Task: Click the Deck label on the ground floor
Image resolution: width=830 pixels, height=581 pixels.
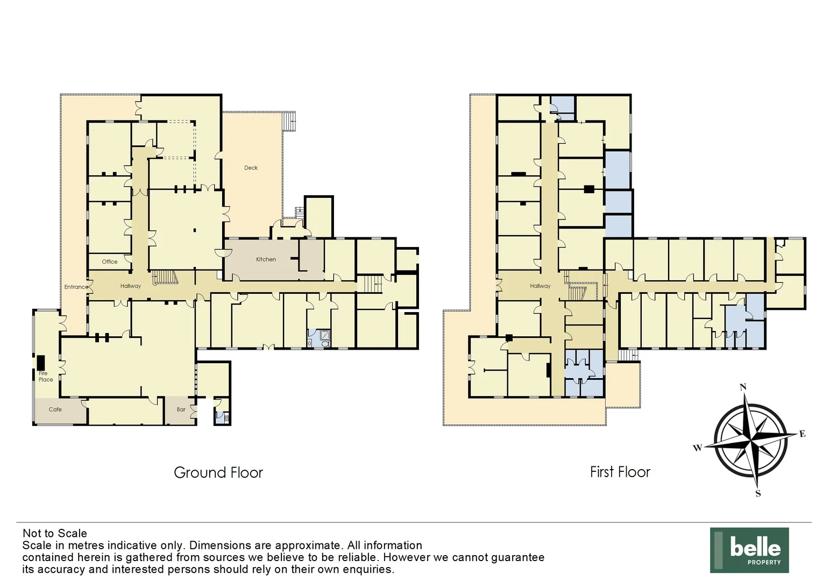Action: (x=251, y=168)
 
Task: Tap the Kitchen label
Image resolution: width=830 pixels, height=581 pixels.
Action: (x=266, y=259)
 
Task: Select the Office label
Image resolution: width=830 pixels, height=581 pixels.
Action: (x=109, y=262)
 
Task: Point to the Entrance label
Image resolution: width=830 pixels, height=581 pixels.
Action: (x=76, y=287)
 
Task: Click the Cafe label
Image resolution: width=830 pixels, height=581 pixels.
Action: (x=55, y=409)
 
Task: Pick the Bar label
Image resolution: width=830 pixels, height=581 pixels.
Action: (x=181, y=409)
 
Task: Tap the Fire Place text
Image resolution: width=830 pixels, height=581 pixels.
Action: (x=45, y=377)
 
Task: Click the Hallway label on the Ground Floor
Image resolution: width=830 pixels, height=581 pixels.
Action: (x=130, y=286)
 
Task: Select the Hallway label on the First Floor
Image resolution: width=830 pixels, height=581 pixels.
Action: (x=540, y=286)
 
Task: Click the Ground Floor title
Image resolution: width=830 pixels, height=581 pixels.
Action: (x=218, y=472)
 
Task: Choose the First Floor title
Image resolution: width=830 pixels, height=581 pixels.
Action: (x=620, y=472)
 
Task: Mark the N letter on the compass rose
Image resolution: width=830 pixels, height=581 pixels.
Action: (x=743, y=387)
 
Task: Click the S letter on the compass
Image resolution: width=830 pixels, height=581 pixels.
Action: (x=758, y=493)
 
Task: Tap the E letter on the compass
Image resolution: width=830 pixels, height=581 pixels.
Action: (x=802, y=434)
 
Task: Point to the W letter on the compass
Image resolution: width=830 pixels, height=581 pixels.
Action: (x=697, y=448)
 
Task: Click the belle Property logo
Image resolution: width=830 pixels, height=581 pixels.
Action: (x=749, y=550)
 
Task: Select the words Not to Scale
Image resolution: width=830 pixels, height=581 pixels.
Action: (x=54, y=533)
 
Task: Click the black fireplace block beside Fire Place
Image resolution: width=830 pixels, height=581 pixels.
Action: (x=40, y=363)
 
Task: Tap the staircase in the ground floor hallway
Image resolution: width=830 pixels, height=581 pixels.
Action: (x=165, y=277)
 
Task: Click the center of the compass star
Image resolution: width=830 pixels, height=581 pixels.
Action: (x=751, y=440)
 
